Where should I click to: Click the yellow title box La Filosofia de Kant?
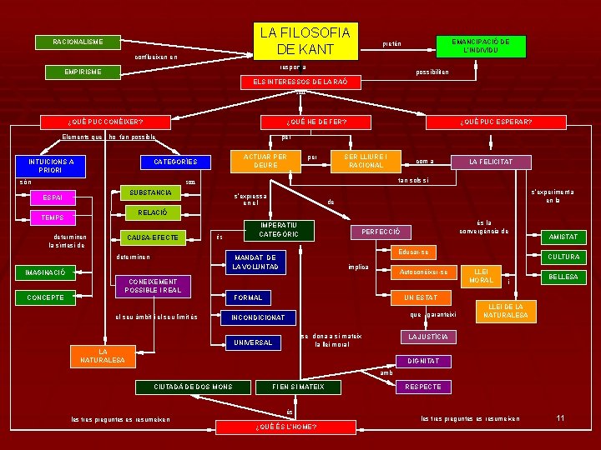click(x=305, y=42)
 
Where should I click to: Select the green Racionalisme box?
click(x=78, y=42)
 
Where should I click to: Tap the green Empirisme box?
click(x=83, y=72)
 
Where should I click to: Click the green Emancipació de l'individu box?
click(x=481, y=46)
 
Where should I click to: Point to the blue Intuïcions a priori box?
click(x=51, y=166)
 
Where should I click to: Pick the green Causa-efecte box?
click(x=153, y=238)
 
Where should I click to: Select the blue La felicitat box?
click(x=491, y=162)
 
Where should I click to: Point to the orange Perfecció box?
click(x=381, y=231)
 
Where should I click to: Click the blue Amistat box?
click(x=563, y=237)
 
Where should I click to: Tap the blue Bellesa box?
click(x=563, y=277)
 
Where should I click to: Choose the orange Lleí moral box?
click(x=481, y=276)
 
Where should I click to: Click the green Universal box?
click(x=252, y=342)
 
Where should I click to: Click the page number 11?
click(x=560, y=417)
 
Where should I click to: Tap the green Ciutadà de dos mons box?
click(x=193, y=387)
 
